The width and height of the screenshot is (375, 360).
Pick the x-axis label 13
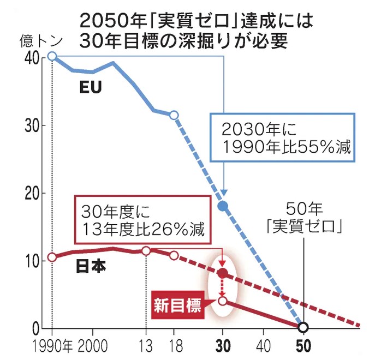(x=146, y=347)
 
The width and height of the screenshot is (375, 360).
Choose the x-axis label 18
(x=174, y=347)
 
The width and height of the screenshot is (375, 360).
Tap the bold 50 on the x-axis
(x=303, y=347)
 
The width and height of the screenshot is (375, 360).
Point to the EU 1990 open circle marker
(x=52, y=56)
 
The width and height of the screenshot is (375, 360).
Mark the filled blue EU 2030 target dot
(x=223, y=206)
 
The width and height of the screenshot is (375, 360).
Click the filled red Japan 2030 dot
(x=223, y=273)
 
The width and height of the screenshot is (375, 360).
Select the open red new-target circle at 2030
(x=223, y=301)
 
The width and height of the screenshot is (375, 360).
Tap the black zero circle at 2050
(x=303, y=327)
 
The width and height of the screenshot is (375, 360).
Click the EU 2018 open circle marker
(x=174, y=115)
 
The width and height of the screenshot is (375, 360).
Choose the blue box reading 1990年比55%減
(x=283, y=138)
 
